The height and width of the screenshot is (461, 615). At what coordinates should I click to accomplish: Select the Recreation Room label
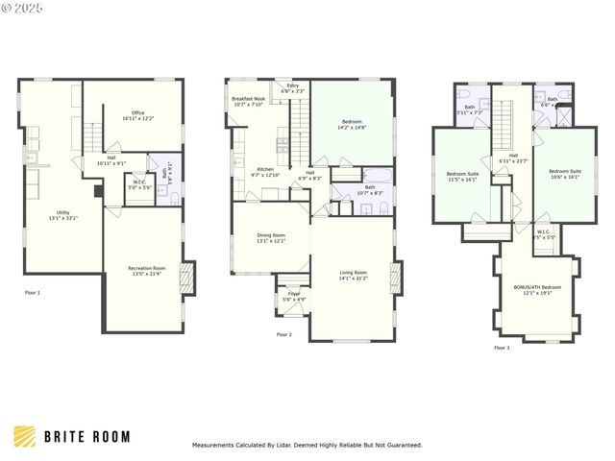pyautogui.click(x=147, y=271)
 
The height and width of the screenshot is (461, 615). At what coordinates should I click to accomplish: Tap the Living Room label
pyautogui.click(x=353, y=276)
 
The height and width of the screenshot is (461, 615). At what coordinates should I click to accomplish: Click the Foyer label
pyautogui.click(x=293, y=296)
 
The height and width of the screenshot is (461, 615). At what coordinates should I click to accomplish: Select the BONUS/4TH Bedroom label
pyautogui.click(x=537, y=289)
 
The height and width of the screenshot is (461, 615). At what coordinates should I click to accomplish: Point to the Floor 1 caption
pyautogui.click(x=32, y=291)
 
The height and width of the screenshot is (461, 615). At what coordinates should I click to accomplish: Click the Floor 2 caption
pyautogui.click(x=283, y=334)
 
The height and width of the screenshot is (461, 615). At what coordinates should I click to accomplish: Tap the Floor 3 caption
pyautogui.click(x=502, y=348)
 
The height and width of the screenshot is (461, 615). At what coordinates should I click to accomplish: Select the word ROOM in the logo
pyautogui.click(x=111, y=437)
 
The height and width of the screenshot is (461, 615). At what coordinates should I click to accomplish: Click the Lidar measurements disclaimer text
pyautogui.click(x=307, y=446)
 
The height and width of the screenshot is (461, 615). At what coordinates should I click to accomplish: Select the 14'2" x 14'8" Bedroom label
pyautogui.click(x=353, y=125)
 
